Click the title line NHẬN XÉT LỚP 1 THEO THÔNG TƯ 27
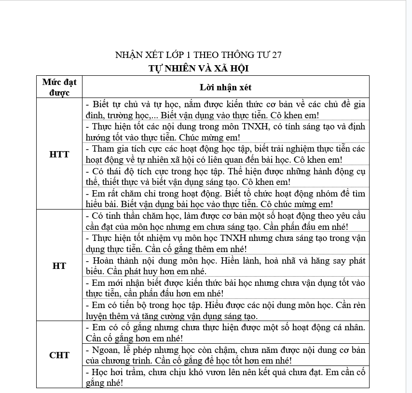tap(198, 55)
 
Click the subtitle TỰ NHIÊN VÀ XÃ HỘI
tap(198, 69)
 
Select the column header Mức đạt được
tap(59, 87)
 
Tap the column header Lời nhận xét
tap(225, 87)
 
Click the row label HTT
tap(59, 154)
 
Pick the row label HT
tap(59, 266)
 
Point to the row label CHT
tap(59, 355)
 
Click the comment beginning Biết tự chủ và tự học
tap(225, 110)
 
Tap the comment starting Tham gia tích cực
tap(225, 154)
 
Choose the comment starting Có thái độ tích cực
tap(225, 176)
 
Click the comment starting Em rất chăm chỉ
tap(225, 198)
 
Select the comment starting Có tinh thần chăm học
tap(225, 221)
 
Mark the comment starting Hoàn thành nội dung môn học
tap(225, 266)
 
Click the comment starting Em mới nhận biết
tap(225, 288)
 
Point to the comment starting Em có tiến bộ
tap(225, 310)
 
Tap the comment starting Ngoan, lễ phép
tap(225, 355)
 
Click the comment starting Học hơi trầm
tap(225, 377)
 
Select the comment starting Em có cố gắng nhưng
tap(225, 333)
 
